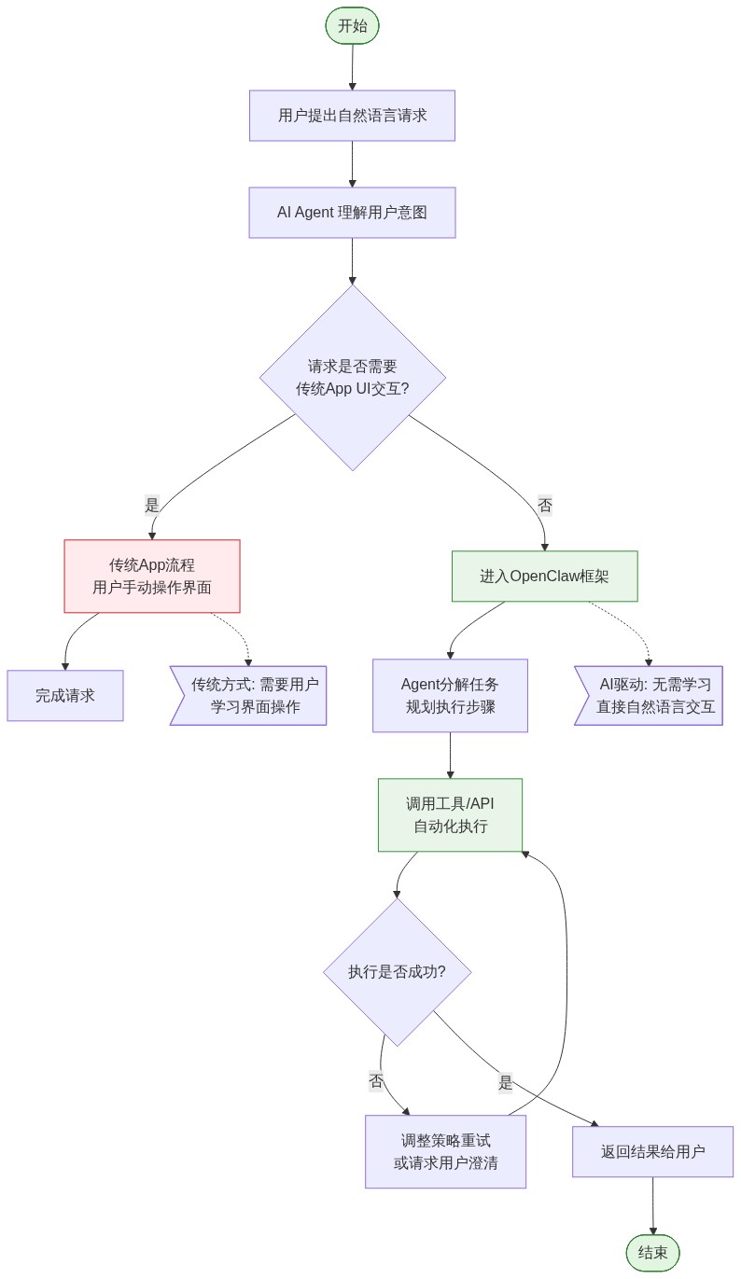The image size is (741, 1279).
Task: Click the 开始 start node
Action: point(352,25)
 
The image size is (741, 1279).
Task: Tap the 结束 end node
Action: point(652,1253)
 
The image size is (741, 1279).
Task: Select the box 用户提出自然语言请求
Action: point(352,116)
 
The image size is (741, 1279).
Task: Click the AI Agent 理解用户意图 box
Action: point(352,213)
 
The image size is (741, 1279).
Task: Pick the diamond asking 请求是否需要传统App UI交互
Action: point(352,378)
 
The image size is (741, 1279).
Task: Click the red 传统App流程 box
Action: point(152,576)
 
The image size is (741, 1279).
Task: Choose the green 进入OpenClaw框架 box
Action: point(544,576)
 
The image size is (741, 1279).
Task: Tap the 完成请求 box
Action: point(65,695)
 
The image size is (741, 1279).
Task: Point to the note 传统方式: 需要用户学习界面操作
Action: point(250,695)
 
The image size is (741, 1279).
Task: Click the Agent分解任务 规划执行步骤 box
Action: point(450,695)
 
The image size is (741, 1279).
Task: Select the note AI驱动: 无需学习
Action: point(650,695)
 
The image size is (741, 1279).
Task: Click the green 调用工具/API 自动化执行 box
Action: point(450,814)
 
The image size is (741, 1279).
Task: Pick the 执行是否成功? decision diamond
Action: point(397,971)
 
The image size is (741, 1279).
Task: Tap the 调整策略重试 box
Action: point(445,1151)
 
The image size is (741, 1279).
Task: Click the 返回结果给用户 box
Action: point(652,1151)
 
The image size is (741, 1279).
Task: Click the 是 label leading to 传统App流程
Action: point(152,506)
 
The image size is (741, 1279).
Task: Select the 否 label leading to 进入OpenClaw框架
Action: point(545,506)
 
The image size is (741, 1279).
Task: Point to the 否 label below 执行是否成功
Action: point(376,1081)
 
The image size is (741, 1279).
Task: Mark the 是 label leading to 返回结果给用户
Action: point(506,1082)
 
